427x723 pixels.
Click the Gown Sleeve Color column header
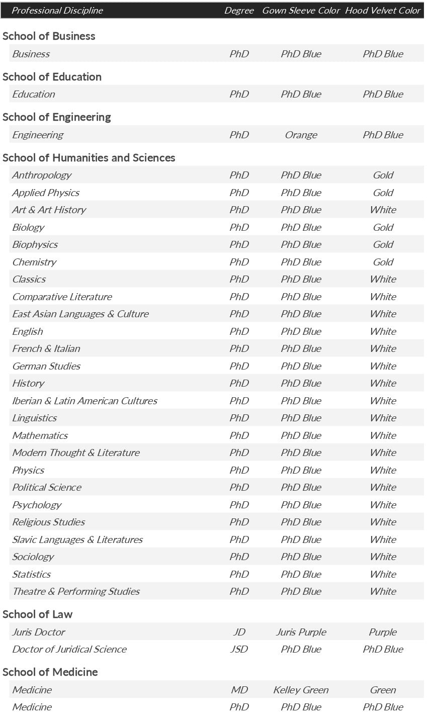tap(301, 11)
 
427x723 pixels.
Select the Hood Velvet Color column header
tap(383, 11)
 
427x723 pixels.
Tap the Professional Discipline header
tap(57, 11)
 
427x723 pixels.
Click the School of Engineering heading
tap(57, 117)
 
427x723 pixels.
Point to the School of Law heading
tap(38, 614)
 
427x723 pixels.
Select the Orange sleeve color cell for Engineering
tap(301, 135)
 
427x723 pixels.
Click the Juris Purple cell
tap(301, 632)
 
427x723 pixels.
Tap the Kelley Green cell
tap(301, 690)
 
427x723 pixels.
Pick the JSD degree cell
tap(239, 649)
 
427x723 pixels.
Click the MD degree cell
tap(239, 690)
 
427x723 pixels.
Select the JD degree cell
tap(239, 632)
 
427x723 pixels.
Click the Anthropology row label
tap(42, 175)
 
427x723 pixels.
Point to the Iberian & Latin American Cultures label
tap(84, 401)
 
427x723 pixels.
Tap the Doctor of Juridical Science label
tap(69, 649)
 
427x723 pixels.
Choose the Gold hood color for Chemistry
tap(383, 262)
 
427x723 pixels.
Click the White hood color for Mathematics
tap(383, 435)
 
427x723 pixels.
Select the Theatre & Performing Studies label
tap(76, 591)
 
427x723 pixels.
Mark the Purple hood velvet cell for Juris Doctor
tap(383, 632)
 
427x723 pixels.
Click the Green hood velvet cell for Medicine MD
tap(383, 690)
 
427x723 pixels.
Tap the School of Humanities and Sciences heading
tap(89, 158)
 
